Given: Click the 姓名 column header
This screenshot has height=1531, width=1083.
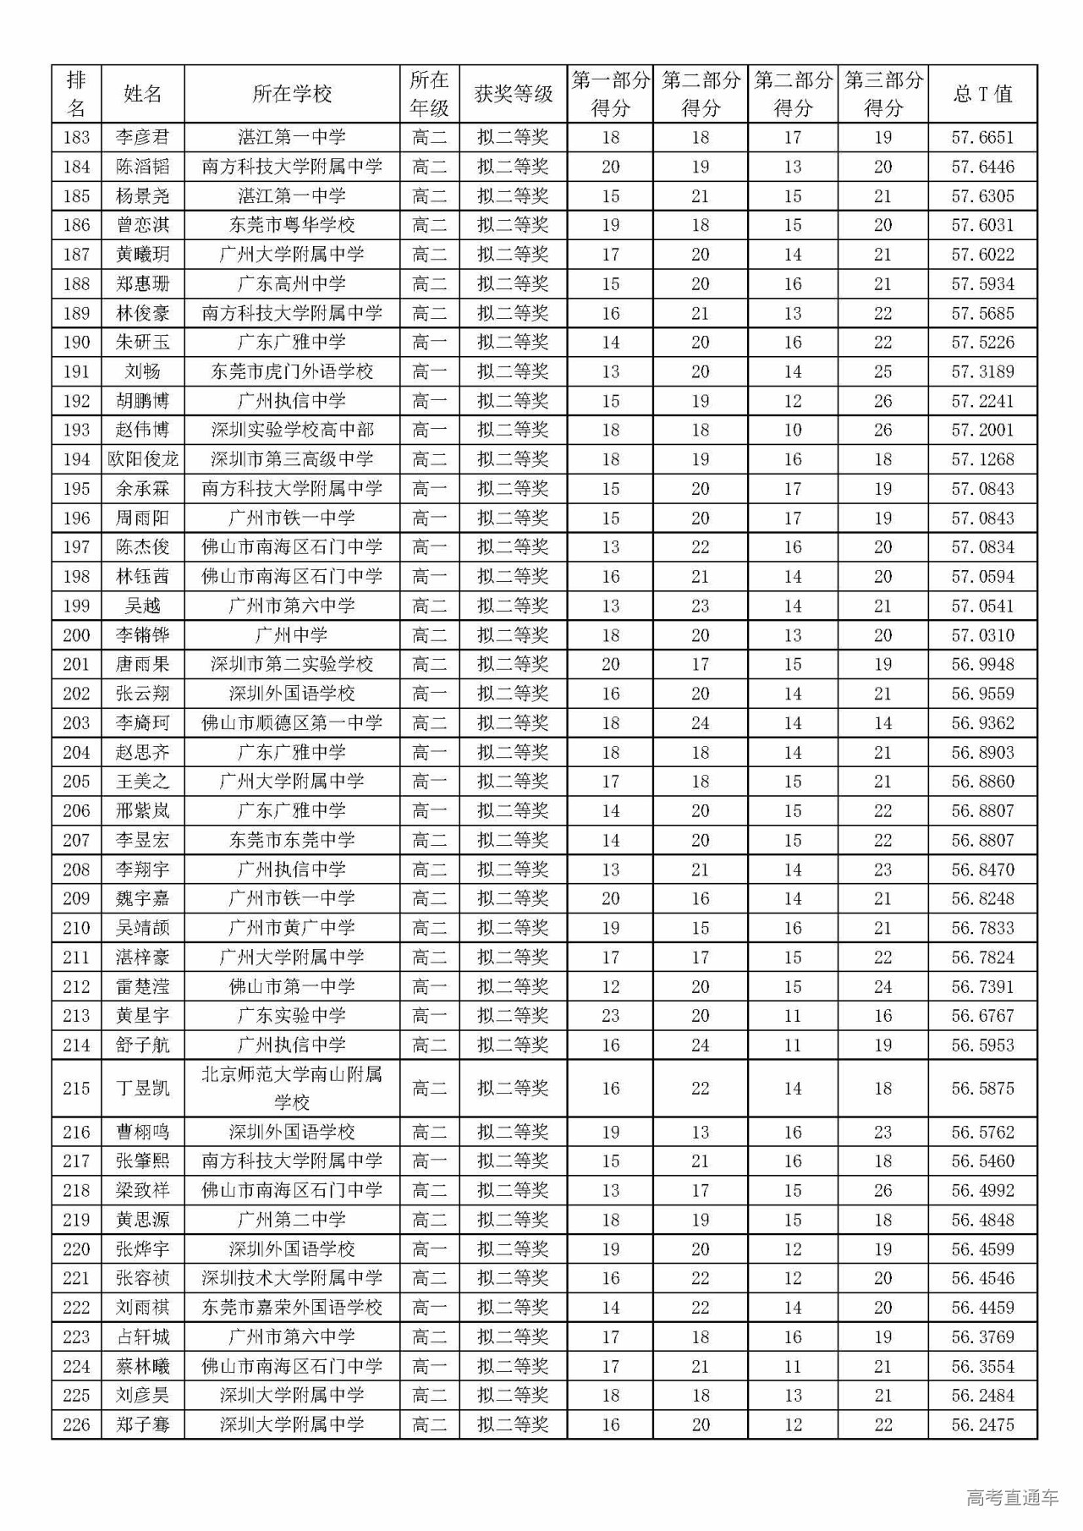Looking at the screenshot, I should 142,94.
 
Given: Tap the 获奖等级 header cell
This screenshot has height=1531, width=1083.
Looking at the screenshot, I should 513,94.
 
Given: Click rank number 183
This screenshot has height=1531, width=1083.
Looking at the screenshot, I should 76,137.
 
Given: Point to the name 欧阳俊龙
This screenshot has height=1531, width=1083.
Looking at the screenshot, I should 142,459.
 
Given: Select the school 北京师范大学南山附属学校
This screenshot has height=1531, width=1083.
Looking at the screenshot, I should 292,1088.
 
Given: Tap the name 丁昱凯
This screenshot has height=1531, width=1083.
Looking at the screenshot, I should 142,1088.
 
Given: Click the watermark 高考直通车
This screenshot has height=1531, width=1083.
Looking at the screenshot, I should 1011,1496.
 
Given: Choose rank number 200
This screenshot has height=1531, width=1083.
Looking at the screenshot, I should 76,635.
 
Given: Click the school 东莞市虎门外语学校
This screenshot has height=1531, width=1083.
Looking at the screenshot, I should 292,371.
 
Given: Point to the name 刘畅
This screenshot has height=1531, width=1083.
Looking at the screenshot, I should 142,371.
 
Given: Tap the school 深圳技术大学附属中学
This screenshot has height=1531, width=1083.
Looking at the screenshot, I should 292,1278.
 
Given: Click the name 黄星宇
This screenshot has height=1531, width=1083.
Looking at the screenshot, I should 142,1015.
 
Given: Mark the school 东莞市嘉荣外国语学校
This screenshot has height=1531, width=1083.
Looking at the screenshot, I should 292,1308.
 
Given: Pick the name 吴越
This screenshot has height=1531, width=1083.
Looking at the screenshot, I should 142,606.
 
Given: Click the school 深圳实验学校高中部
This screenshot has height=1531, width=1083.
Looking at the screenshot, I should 292,430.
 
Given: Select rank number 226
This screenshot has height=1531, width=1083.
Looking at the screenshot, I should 76,1424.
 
